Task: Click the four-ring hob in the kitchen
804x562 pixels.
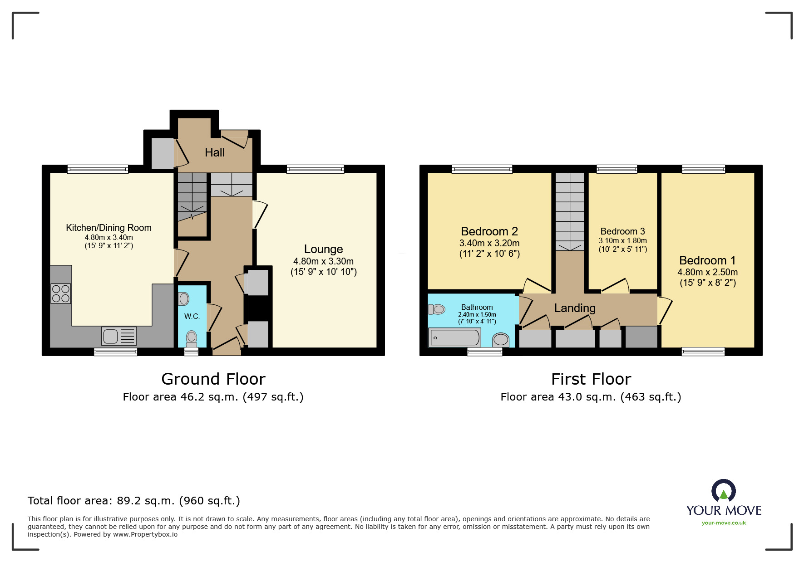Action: tap(61, 293)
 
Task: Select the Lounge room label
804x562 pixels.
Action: tap(323, 249)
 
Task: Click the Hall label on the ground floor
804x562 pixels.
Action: tap(215, 152)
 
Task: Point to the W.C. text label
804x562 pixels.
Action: tap(192, 316)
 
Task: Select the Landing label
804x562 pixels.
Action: tap(575, 308)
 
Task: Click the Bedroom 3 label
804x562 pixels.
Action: tap(622, 231)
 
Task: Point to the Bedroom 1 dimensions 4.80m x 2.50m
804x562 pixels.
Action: tap(707, 272)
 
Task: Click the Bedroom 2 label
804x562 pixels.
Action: tap(489, 231)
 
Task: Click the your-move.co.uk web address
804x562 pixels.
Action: tap(724, 523)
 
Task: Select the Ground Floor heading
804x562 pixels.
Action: tap(213, 379)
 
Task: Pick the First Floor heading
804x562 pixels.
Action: tap(591, 379)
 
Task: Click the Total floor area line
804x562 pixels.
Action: tap(134, 501)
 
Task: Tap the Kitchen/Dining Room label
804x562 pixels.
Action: tap(109, 228)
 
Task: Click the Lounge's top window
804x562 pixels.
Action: tap(316, 169)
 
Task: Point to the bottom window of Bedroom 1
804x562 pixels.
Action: tap(703, 351)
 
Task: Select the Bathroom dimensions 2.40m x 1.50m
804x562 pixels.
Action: tap(477, 314)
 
